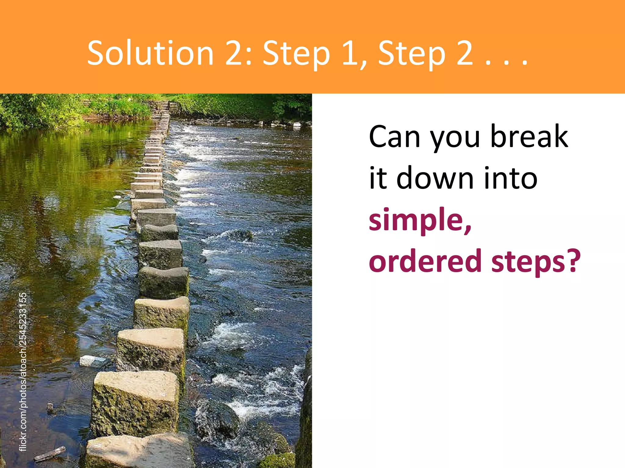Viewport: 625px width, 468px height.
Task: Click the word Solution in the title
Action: [150, 53]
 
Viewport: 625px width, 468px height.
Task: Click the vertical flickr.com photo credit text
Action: [23, 371]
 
